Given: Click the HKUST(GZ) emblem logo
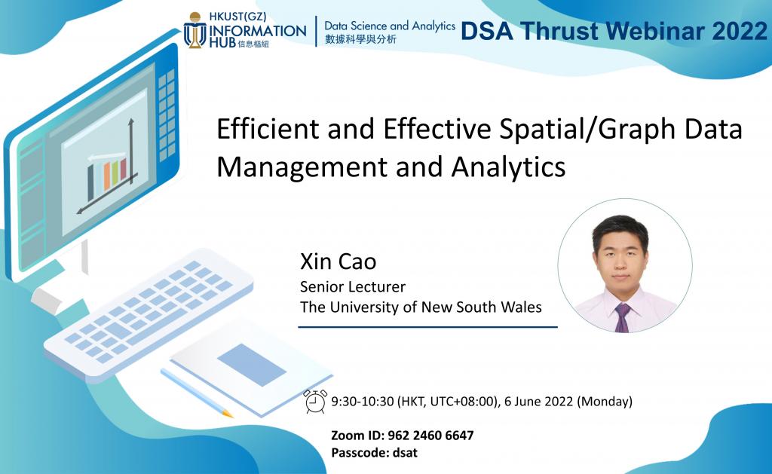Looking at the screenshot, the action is click(x=195, y=30).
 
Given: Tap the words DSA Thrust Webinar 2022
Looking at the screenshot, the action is click(x=614, y=31).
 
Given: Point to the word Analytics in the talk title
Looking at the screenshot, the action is click(x=508, y=168).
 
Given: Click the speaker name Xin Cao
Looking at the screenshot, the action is click(x=339, y=261).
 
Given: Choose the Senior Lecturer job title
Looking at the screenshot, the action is click(x=353, y=286).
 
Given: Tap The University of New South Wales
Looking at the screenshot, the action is click(x=421, y=307).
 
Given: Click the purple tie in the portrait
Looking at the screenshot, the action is click(x=622, y=318).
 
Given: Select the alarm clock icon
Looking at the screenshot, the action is click(x=315, y=401).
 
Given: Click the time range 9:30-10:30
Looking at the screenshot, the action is click(x=363, y=402).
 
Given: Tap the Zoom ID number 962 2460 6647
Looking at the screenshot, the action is click(x=430, y=436).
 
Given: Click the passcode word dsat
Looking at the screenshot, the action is click(x=405, y=453).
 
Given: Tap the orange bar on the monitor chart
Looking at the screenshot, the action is click(x=107, y=176).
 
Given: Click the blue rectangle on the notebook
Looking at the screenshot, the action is click(x=252, y=365).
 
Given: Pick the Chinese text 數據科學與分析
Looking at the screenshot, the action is click(x=360, y=39).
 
